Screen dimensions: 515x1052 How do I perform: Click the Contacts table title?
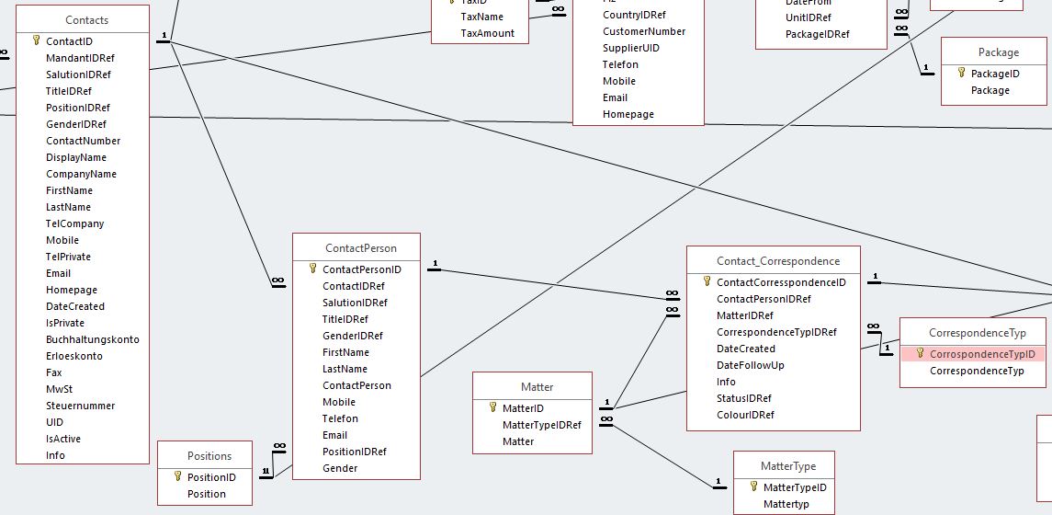[86, 20]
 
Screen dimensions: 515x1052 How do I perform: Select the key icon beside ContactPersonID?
[312, 269]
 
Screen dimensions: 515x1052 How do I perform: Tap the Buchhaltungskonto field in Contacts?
[92, 339]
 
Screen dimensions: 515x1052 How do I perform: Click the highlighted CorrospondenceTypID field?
[981, 354]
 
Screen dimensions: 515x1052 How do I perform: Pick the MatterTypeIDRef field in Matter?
[541, 425]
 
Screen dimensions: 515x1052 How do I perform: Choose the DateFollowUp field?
[750, 365]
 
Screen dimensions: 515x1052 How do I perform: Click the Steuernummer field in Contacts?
[80, 406]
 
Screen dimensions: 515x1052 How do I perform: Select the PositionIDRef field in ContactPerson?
[354, 452]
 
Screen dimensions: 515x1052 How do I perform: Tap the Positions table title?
[209, 456]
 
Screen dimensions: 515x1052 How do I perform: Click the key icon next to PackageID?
[961, 74]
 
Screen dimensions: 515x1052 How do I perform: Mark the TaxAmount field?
[487, 33]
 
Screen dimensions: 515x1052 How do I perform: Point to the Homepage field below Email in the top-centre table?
[628, 114]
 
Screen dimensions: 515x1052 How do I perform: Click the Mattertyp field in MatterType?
[786, 504]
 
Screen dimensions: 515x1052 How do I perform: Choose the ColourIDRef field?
[745, 415]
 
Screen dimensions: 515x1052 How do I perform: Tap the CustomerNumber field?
[643, 31]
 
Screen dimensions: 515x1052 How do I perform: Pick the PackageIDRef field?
[817, 34]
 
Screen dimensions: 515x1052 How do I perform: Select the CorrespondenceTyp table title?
[977, 333]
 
